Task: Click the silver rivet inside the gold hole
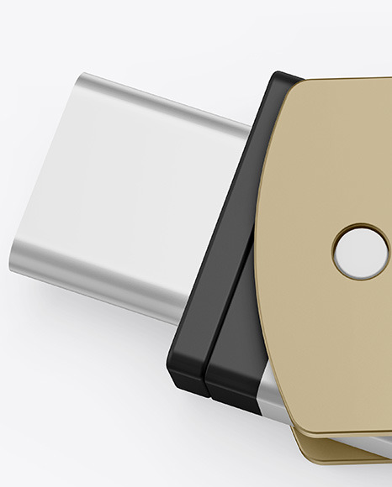[361, 251]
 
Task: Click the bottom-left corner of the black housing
[173, 383]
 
